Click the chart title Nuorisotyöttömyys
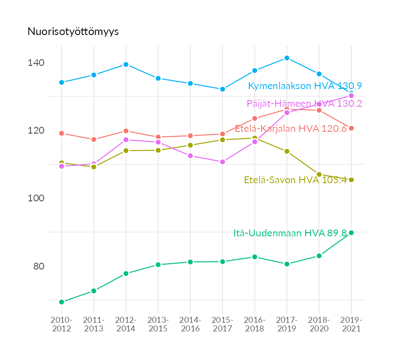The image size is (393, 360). [73, 31]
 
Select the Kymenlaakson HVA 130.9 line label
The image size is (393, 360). [305, 86]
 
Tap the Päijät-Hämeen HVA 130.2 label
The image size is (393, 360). [304, 104]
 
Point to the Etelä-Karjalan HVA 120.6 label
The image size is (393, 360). [291, 128]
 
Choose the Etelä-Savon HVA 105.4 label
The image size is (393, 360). [295, 180]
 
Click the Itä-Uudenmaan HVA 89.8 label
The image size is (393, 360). [290, 233]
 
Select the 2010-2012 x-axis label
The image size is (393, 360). [61, 325]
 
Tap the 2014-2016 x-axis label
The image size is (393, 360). [190, 325]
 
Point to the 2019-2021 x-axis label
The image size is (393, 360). [351, 325]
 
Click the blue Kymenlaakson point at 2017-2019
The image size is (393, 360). [287, 58]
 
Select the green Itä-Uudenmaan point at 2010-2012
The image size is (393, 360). [61, 302]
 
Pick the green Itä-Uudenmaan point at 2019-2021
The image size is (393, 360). [351, 233]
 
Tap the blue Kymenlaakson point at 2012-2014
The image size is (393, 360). [126, 65]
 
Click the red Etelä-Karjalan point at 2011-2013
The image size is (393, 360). [94, 140]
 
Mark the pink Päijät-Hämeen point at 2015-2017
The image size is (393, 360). [222, 162]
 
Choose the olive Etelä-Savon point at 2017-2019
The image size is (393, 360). [287, 151]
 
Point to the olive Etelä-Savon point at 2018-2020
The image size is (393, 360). [319, 175]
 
